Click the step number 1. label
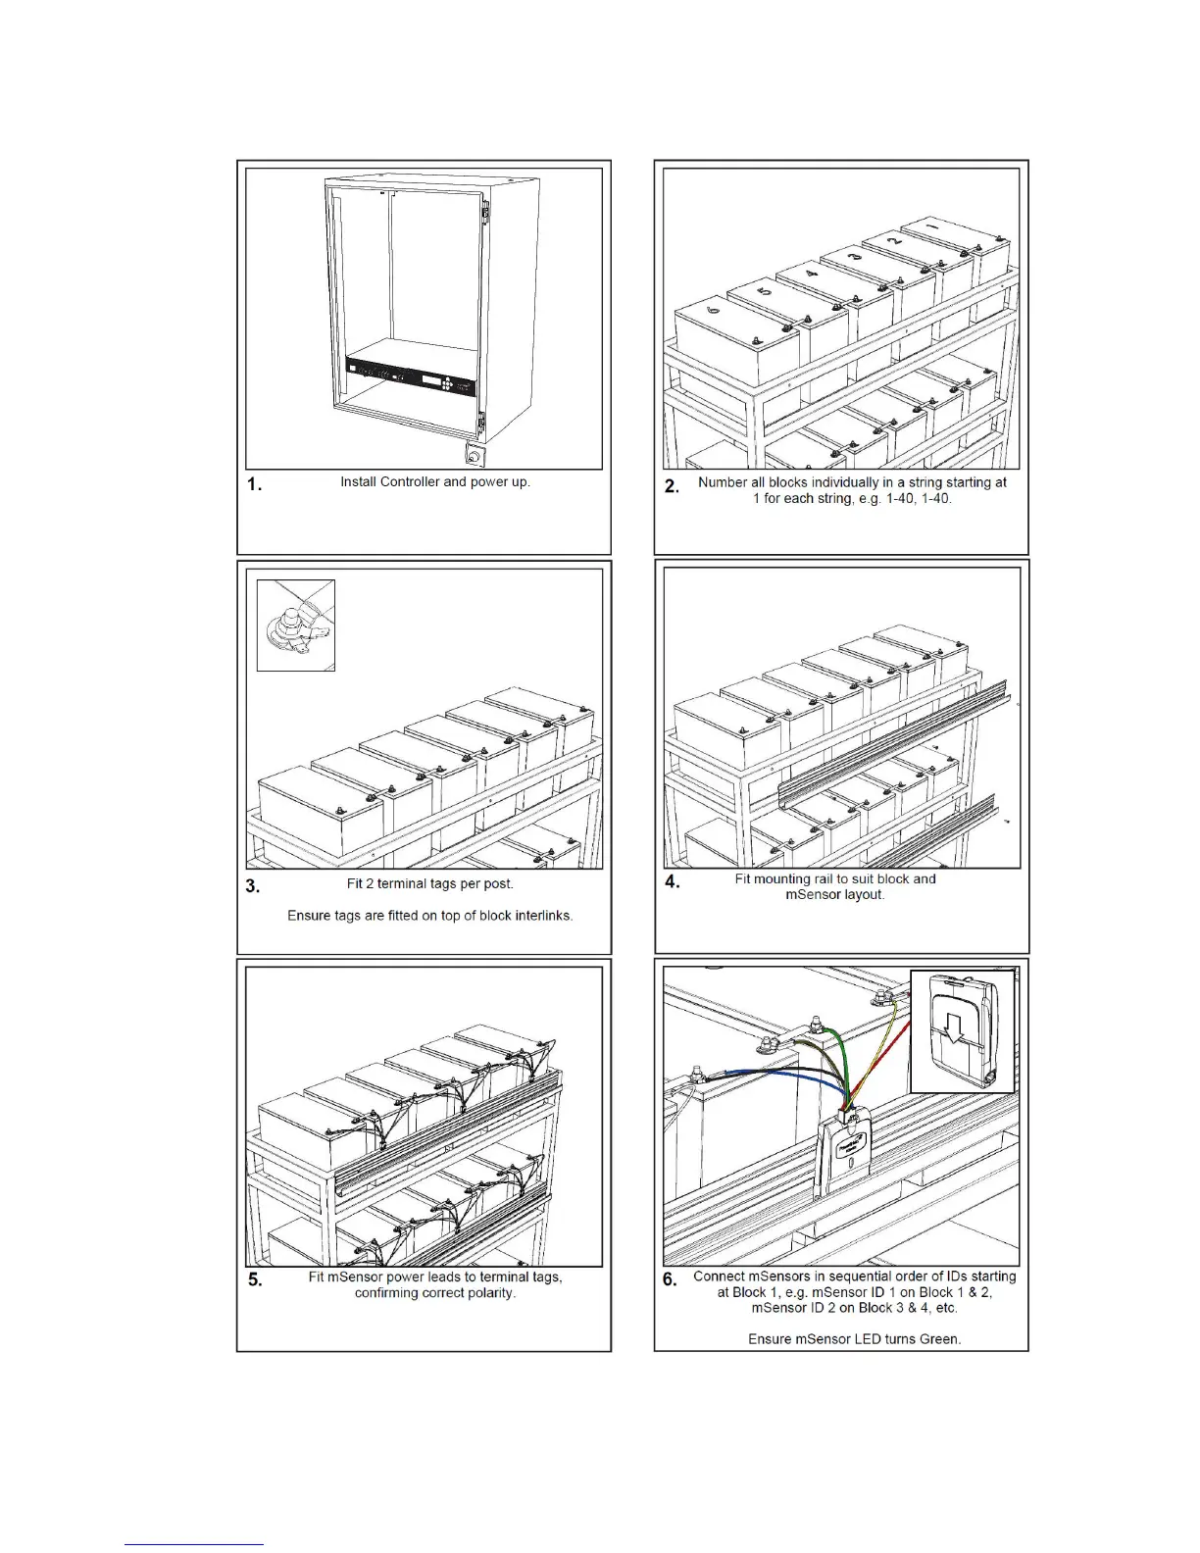pyautogui.click(x=254, y=484)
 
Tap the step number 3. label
pyautogui.click(x=253, y=886)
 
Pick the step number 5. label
pyautogui.click(x=255, y=1279)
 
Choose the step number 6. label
pyautogui.click(x=670, y=1279)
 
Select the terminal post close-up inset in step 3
pyautogui.click(x=296, y=626)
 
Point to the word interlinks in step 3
pyautogui.click(x=538, y=916)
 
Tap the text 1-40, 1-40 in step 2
pyautogui.click(x=901, y=498)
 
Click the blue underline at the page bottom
pyautogui.click(x=194, y=1545)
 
